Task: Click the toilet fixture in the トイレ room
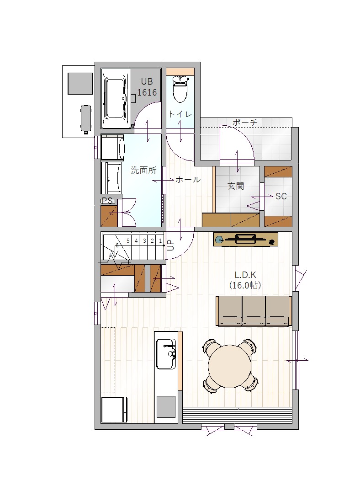pyautogui.click(x=180, y=89)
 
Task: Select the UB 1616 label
pyautogui.click(x=147, y=87)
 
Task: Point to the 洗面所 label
pyautogui.click(x=143, y=170)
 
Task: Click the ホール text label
pyautogui.click(x=188, y=179)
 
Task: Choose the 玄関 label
pyautogui.click(x=235, y=186)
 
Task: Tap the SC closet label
pyautogui.click(x=281, y=196)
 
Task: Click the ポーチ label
pyautogui.click(x=245, y=122)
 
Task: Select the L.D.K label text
pyautogui.click(x=245, y=275)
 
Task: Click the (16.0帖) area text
pyautogui.click(x=245, y=285)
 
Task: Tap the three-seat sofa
pyautogui.click(x=254, y=311)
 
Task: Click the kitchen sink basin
pyautogui.click(x=166, y=354)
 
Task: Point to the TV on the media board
pyautogui.click(x=245, y=239)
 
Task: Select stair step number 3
pyautogui.click(x=144, y=241)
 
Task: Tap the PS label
pyautogui.click(x=107, y=201)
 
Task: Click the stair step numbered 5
pyautogui.click(x=128, y=241)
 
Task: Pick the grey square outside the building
pyautogui.click(x=80, y=84)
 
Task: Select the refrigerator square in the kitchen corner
pyautogui.click(x=114, y=410)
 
